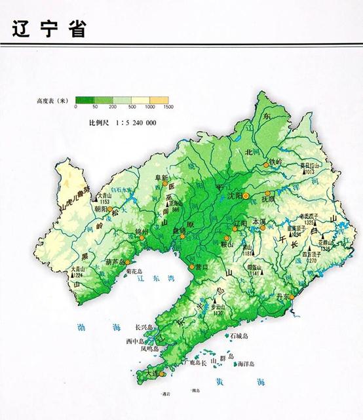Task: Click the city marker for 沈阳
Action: (x=246, y=196)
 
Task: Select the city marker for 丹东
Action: (x=293, y=298)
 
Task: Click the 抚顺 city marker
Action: (x=267, y=194)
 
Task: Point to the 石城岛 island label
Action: (x=238, y=335)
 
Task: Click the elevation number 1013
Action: (x=309, y=172)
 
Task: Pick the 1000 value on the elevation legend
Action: (x=150, y=105)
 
